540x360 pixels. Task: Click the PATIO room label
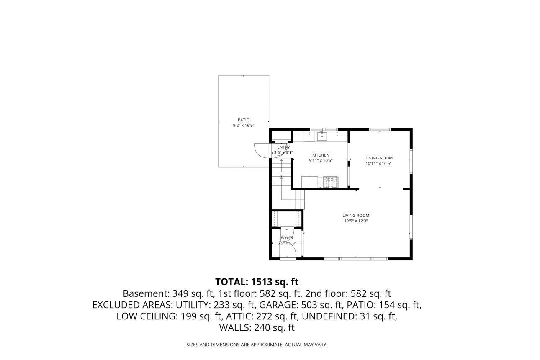(x=244, y=120)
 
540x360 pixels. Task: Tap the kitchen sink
(x=321, y=136)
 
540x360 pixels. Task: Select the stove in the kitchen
(x=330, y=182)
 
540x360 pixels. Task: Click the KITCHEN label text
(x=321, y=155)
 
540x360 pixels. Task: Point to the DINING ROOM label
(x=378, y=158)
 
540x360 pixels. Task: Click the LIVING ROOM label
(x=356, y=216)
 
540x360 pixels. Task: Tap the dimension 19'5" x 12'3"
(x=356, y=221)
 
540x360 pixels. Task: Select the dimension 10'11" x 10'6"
(x=378, y=164)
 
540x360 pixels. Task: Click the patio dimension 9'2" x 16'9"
(x=244, y=126)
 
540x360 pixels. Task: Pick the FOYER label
(x=287, y=238)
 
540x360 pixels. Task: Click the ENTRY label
(x=283, y=147)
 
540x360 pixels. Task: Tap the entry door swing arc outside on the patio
(x=260, y=150)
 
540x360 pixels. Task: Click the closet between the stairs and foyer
(x=287, y=218)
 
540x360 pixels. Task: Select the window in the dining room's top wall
(x=380, y=129)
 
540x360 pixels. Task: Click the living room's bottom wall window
(x=356, y=258)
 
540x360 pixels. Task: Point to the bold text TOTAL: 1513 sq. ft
(x=257, y=282)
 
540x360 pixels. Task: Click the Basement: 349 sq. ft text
(x=167, y=293)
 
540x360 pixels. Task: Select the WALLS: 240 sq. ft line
(x=257, y=328)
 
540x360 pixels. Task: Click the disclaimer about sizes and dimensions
(x=257, y=345)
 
